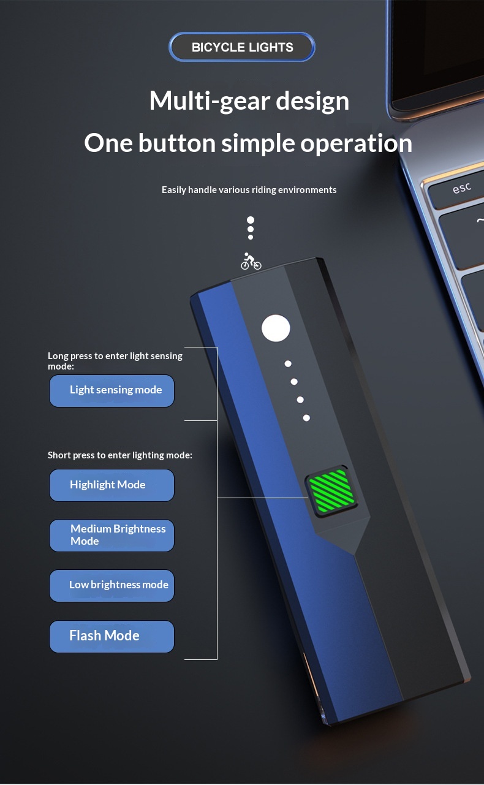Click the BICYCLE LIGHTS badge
[242, 47]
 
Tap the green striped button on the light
[331, 491]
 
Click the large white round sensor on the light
[276, 328]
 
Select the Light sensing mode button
[112, 391]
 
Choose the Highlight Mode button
[112, 485]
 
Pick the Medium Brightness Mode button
[112, 536]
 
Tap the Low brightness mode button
[112, 586]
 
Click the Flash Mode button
[112, 637]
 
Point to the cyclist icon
[251, 261]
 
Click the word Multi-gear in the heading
[210, 101]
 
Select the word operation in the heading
[356, 143]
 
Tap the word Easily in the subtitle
[174, 190]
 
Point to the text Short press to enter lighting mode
[120, 455]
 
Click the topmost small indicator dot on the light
[288, 364]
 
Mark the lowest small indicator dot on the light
[306, 418]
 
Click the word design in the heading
[312, 101]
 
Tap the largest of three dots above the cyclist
[250, 220]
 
